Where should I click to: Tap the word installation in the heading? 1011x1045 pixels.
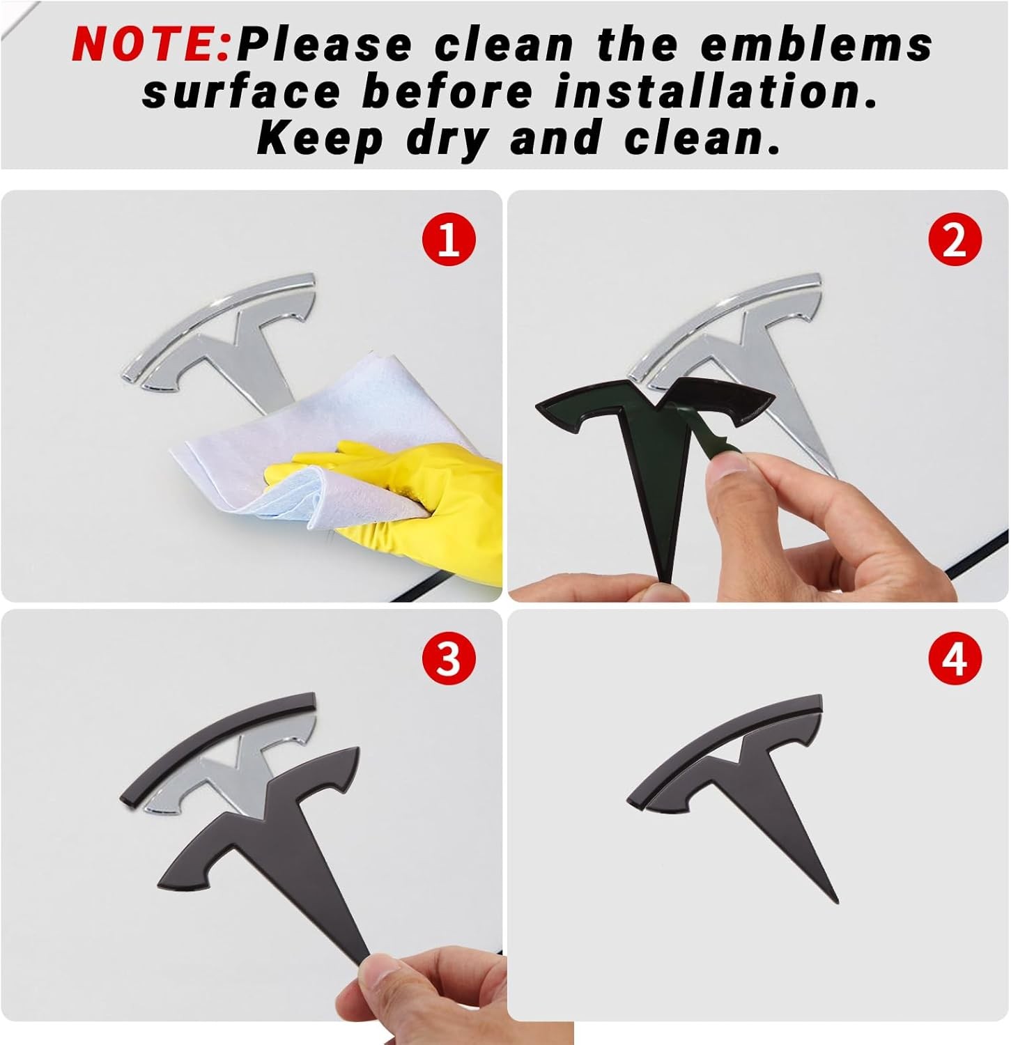coord(716,91)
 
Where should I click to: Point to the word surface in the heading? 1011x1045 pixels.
coord(241,93)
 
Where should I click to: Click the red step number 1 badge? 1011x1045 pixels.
coord(449,239)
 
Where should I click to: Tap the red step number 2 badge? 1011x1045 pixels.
coord(955,239)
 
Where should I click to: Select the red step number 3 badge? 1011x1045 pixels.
coord(449,658)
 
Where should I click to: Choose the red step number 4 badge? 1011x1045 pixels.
coord(955,658)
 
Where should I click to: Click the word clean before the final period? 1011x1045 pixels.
coord(697,139)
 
